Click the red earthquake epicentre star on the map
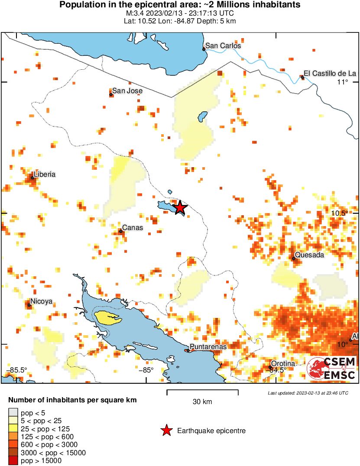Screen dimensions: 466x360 (x=180, y=208)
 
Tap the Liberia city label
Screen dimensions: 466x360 (x=45, y=175)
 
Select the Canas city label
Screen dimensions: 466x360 (x=133, y=228)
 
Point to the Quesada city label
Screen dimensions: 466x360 (x=309, y=255)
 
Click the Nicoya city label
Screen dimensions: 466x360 (x=42, y=301)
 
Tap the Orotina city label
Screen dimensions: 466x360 (x=282, y=364)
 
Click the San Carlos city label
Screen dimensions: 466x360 (x=223, y=45)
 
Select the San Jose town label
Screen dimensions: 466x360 (x=127, y=91)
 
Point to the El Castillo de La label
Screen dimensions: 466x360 (x=330, y=74)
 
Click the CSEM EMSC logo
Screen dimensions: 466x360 (x=331, y=369)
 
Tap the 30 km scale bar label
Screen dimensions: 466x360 (x=202, y=402)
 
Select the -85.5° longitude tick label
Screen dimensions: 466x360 (x=17, y=370)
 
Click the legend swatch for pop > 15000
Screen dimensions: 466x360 (x=13, y=461)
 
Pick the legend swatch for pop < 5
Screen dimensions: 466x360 (x=13, y=413)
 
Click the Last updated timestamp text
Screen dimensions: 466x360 (x=308, y=393)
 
